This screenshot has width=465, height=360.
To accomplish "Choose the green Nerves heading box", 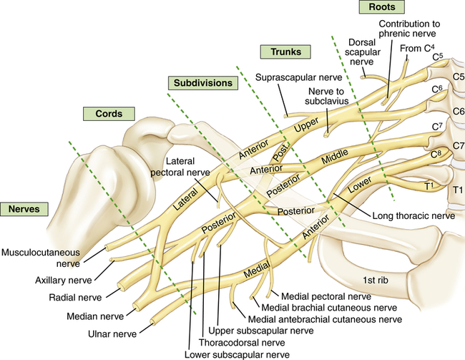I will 24,209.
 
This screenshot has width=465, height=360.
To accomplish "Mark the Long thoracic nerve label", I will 414,215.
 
